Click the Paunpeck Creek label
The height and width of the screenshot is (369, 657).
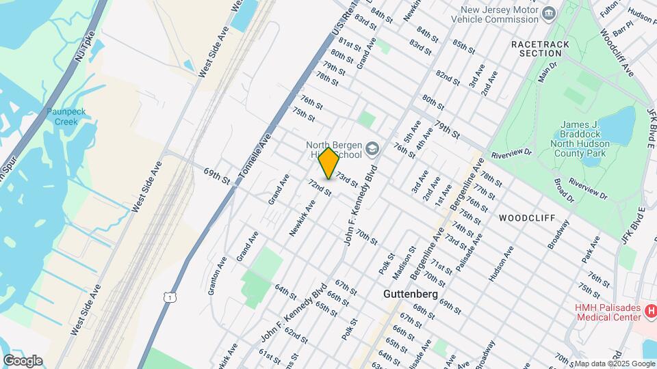click(63, 116)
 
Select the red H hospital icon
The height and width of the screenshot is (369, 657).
click(652, 312)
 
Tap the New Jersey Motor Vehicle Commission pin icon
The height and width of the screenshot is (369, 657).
click(548, 14)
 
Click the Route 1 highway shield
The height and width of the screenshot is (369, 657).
click(168, 296)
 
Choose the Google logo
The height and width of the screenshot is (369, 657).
click(23, 360)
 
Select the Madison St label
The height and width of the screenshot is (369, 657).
click(404, 263)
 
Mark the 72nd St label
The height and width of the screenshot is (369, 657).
click(320, 188)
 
